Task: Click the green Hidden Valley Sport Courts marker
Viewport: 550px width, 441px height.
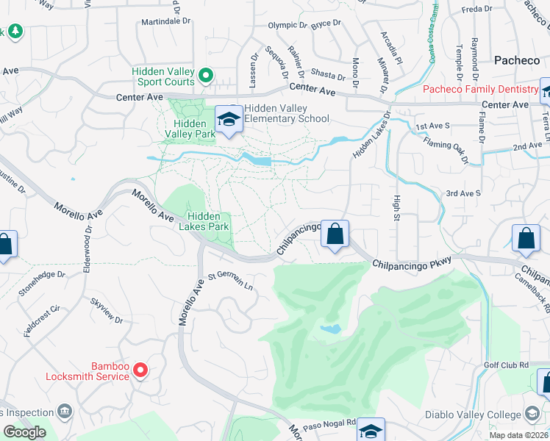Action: [x=206, y=74]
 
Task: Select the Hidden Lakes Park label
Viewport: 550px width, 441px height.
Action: [x=209, y=221]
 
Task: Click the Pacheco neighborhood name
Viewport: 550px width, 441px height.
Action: [x=516, y=60]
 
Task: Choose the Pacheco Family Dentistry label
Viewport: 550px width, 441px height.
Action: [x=481, y=90]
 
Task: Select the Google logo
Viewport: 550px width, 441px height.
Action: [x=24, y=432]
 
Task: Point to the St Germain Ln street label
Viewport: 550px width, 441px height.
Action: [x=230, y=281]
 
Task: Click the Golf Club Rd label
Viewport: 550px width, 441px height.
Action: [x=507, y=365]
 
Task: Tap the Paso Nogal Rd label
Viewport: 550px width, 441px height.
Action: [x=331, y=423]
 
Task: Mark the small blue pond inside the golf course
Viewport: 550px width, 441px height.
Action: [x=331, y=329]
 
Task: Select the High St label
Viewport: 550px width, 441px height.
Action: [x=397, y=210]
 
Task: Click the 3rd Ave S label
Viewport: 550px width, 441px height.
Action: [x=463, y=193]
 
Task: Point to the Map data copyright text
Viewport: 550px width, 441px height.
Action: [x=519, y=435]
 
